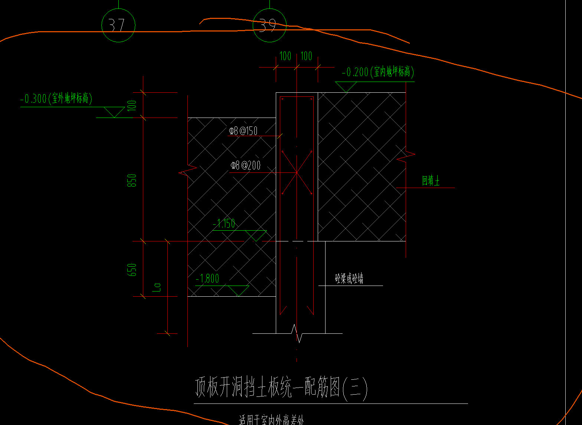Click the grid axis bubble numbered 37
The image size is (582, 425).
[x=118, y=25]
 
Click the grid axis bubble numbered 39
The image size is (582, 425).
[x=269, y=25]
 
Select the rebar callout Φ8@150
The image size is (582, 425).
[x=243, y=131]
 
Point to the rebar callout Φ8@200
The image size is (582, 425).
[x=246, y=165]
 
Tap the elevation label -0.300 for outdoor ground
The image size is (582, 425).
[x=56, y=99]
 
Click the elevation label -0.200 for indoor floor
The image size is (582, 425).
[x=377, y=72]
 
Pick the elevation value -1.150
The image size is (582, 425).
[x=224, y=224]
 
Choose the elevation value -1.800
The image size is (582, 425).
[x=208, y=279]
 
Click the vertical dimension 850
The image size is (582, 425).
[x=132, y=180]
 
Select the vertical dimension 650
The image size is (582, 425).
[x=132, y=270]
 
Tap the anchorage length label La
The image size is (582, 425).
[x=157, y=287]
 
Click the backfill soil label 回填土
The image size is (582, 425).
[x=431, y=181]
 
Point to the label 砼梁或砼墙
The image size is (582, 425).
[x=349, y=279]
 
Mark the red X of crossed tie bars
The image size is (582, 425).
[x=297, y=172]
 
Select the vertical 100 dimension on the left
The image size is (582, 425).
[x=132, y=106]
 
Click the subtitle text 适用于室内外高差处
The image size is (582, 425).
[x=271, y=420]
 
